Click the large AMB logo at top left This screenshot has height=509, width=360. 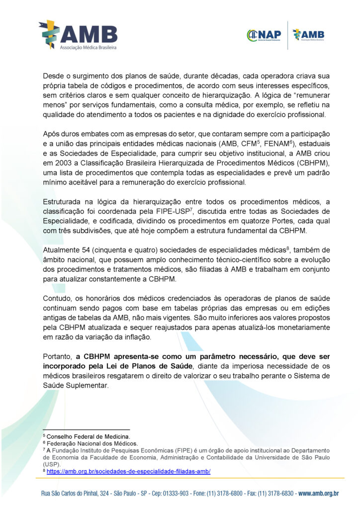point(78,34)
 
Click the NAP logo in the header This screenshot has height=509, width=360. point(264,35)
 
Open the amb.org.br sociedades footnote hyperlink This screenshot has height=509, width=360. point(128,471)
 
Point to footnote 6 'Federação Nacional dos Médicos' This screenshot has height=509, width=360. point(91,443)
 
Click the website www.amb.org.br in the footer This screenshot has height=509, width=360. point(318,493)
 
